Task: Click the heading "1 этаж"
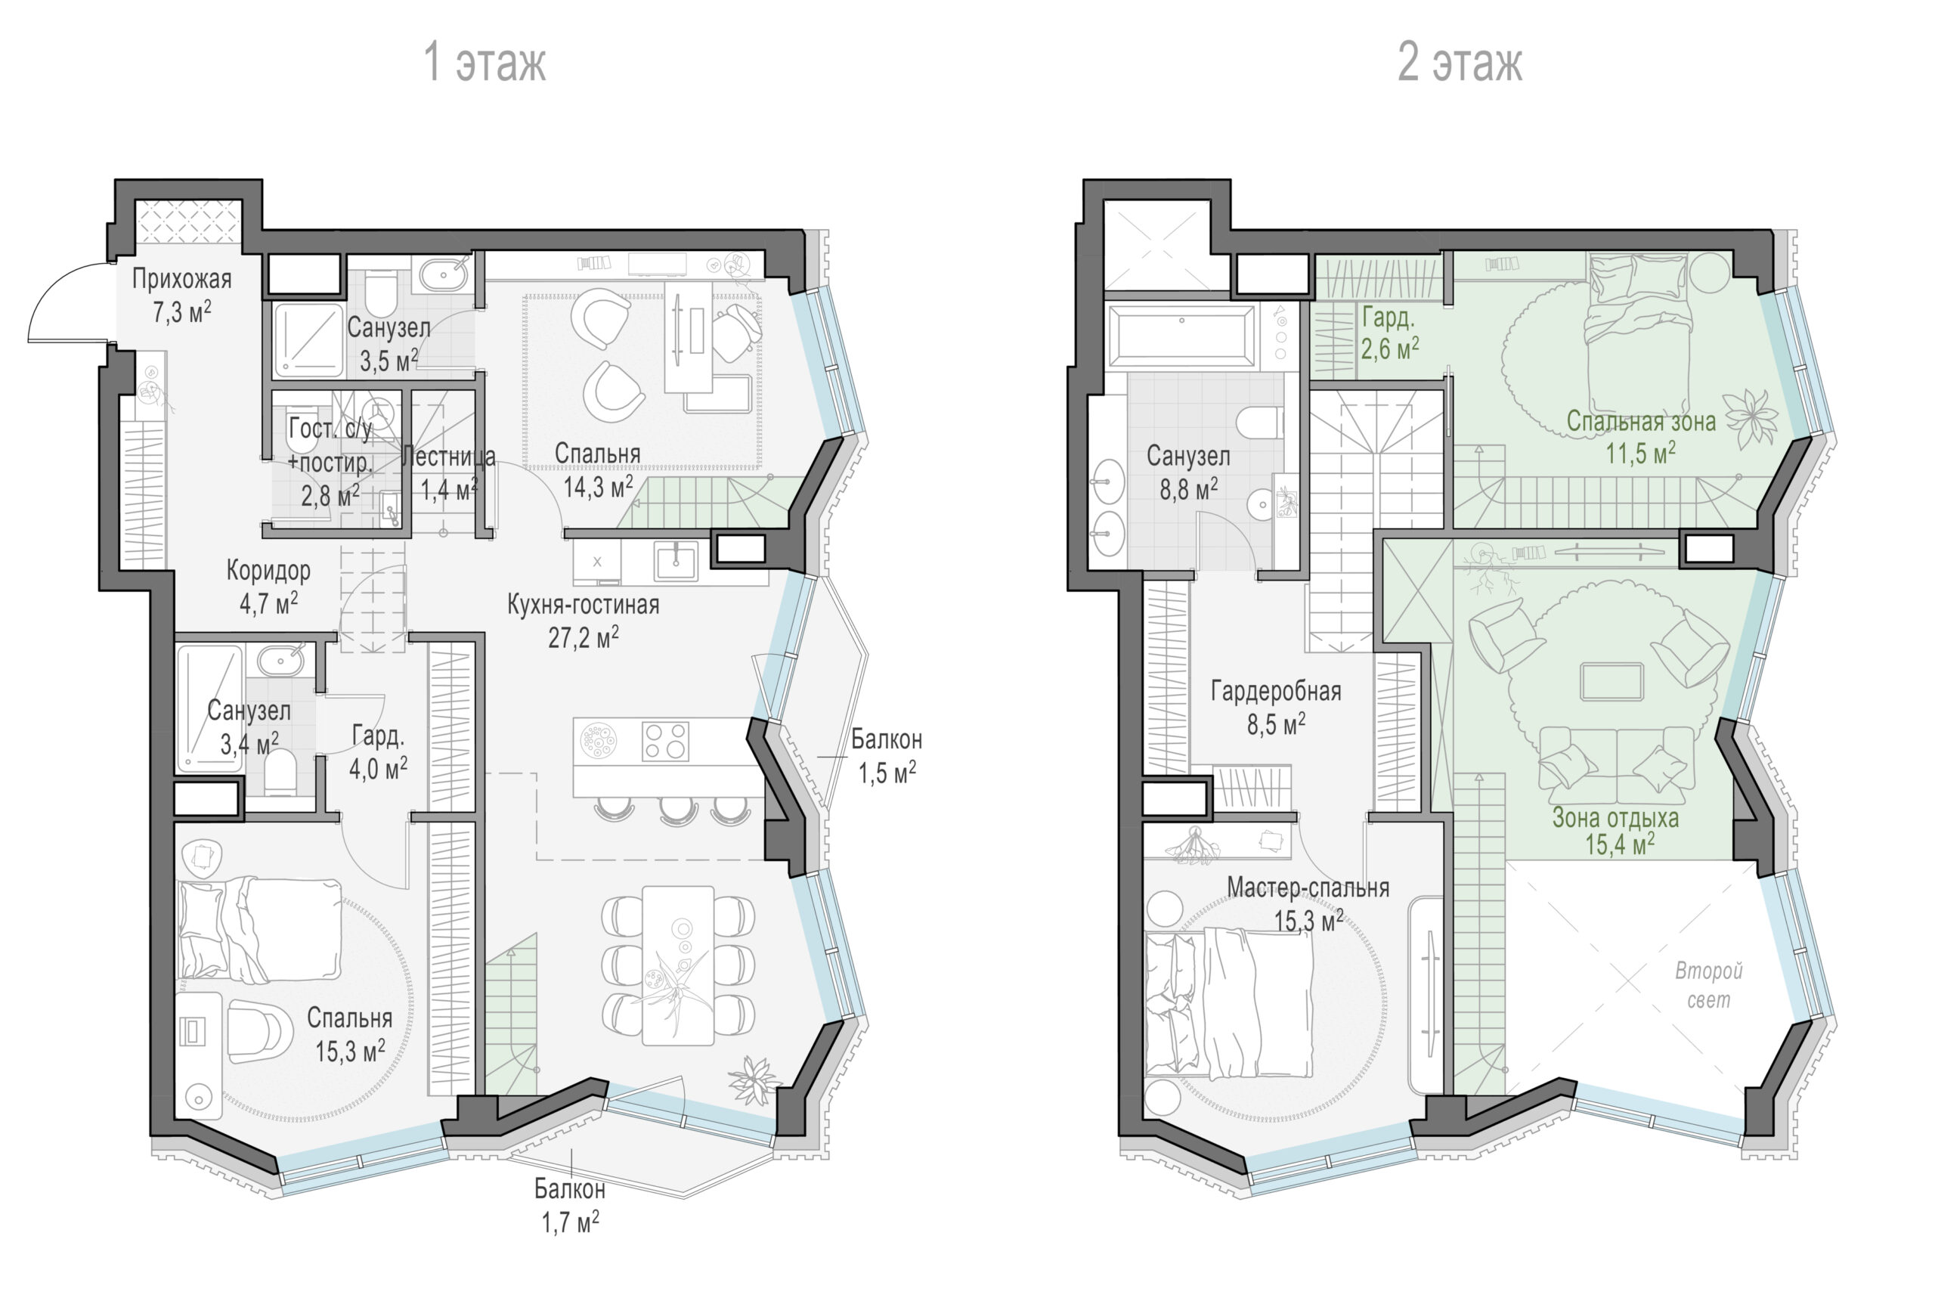point(485,63)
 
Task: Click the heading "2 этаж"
point(1460,63)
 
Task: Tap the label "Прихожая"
point(182,279)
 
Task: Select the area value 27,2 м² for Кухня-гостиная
point(584,637)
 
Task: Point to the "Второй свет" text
point(1709,985)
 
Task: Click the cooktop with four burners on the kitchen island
point(665,741)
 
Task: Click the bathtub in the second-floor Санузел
point(1181,334)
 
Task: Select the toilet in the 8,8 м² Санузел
point(1260,421)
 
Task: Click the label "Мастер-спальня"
point(1308,888)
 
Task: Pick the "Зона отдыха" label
point(1615,818)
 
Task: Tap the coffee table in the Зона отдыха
point(1611,682)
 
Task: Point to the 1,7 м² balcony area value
point(570,1222)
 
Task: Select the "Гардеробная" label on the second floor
point(1276,690)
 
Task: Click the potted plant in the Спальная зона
point(1751,418)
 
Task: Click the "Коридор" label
point(268,570)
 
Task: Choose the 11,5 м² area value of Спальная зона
point(1640,453)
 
